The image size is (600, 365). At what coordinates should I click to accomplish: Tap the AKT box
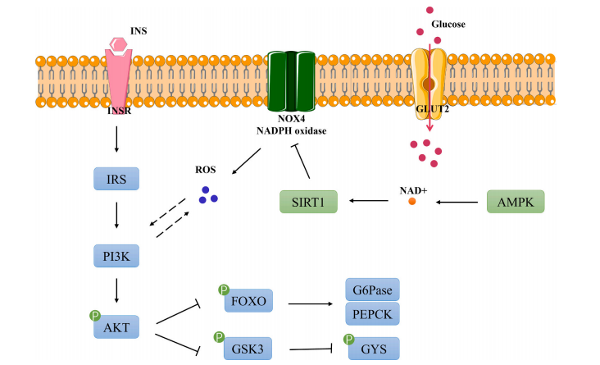click(118, 329)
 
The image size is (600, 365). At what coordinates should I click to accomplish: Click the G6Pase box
click(370, 290)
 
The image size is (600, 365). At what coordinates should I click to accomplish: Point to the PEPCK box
click(370, 315)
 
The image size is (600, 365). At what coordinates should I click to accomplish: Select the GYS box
click(374, 348)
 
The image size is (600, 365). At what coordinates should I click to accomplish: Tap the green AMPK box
click(517, 200)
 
